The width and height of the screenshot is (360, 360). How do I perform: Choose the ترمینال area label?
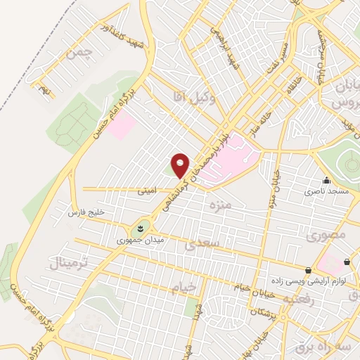(69, 263)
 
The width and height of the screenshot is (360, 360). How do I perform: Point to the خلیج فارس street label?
(86, 211)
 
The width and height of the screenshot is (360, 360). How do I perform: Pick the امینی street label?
(148, 189)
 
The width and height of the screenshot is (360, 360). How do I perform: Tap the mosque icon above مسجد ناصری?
(326, 180)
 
